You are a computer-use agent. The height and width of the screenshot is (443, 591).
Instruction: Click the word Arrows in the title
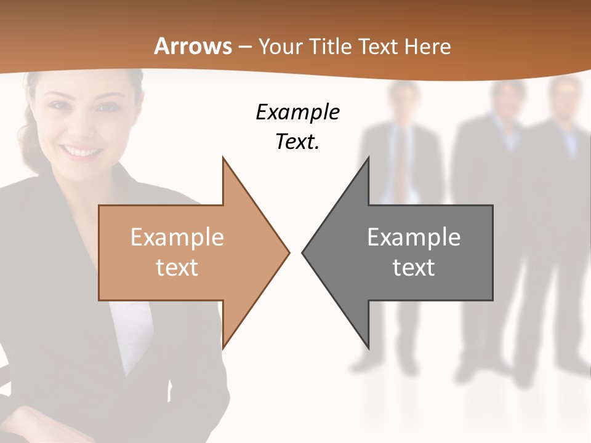(x=193, y=46)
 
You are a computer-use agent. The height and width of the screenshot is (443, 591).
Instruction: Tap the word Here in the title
(x=428, y=46)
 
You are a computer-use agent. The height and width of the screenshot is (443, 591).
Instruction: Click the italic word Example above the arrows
(x=297, y=113)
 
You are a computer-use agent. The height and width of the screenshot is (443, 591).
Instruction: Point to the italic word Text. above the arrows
(x=297, y=142)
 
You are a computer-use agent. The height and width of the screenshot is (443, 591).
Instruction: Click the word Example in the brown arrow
(x=177, y=237)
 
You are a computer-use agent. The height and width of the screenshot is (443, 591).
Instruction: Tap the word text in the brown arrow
(x=177, y=268)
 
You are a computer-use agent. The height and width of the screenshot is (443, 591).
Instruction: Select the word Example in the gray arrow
(x=414, y=237)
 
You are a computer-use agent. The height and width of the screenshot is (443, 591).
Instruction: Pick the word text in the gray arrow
(x=414, y=268)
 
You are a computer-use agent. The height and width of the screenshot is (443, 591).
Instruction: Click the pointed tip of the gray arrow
(x=304, y=252)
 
